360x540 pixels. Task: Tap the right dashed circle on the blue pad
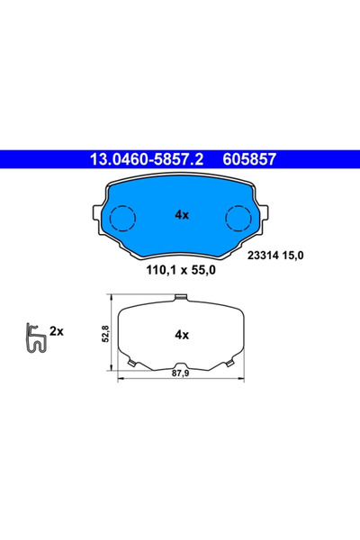pyautogui.click(x=240, y=220)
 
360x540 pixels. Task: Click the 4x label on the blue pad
pyautogui.click(x=181, y=216)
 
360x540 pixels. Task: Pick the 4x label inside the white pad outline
pyautogui.click(x=181, y=334)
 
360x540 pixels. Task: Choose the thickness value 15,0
pyautogui.click(x=293, y=256)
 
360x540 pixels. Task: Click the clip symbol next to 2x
pyautogui.click(x=37, y=338)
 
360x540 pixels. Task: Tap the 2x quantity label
pyautogui.click(x=57, y=331)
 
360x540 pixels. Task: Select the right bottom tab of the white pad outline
pyautogui.click(x=231, y=363)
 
